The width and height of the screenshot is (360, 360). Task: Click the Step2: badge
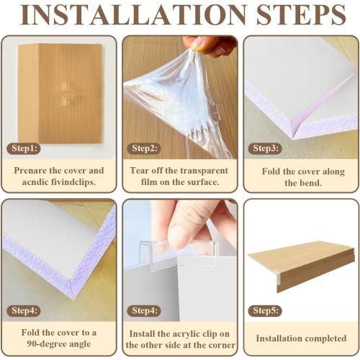point(145,148)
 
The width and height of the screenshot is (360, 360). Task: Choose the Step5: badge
point(266,310)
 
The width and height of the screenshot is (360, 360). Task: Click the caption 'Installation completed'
point(301,338)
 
